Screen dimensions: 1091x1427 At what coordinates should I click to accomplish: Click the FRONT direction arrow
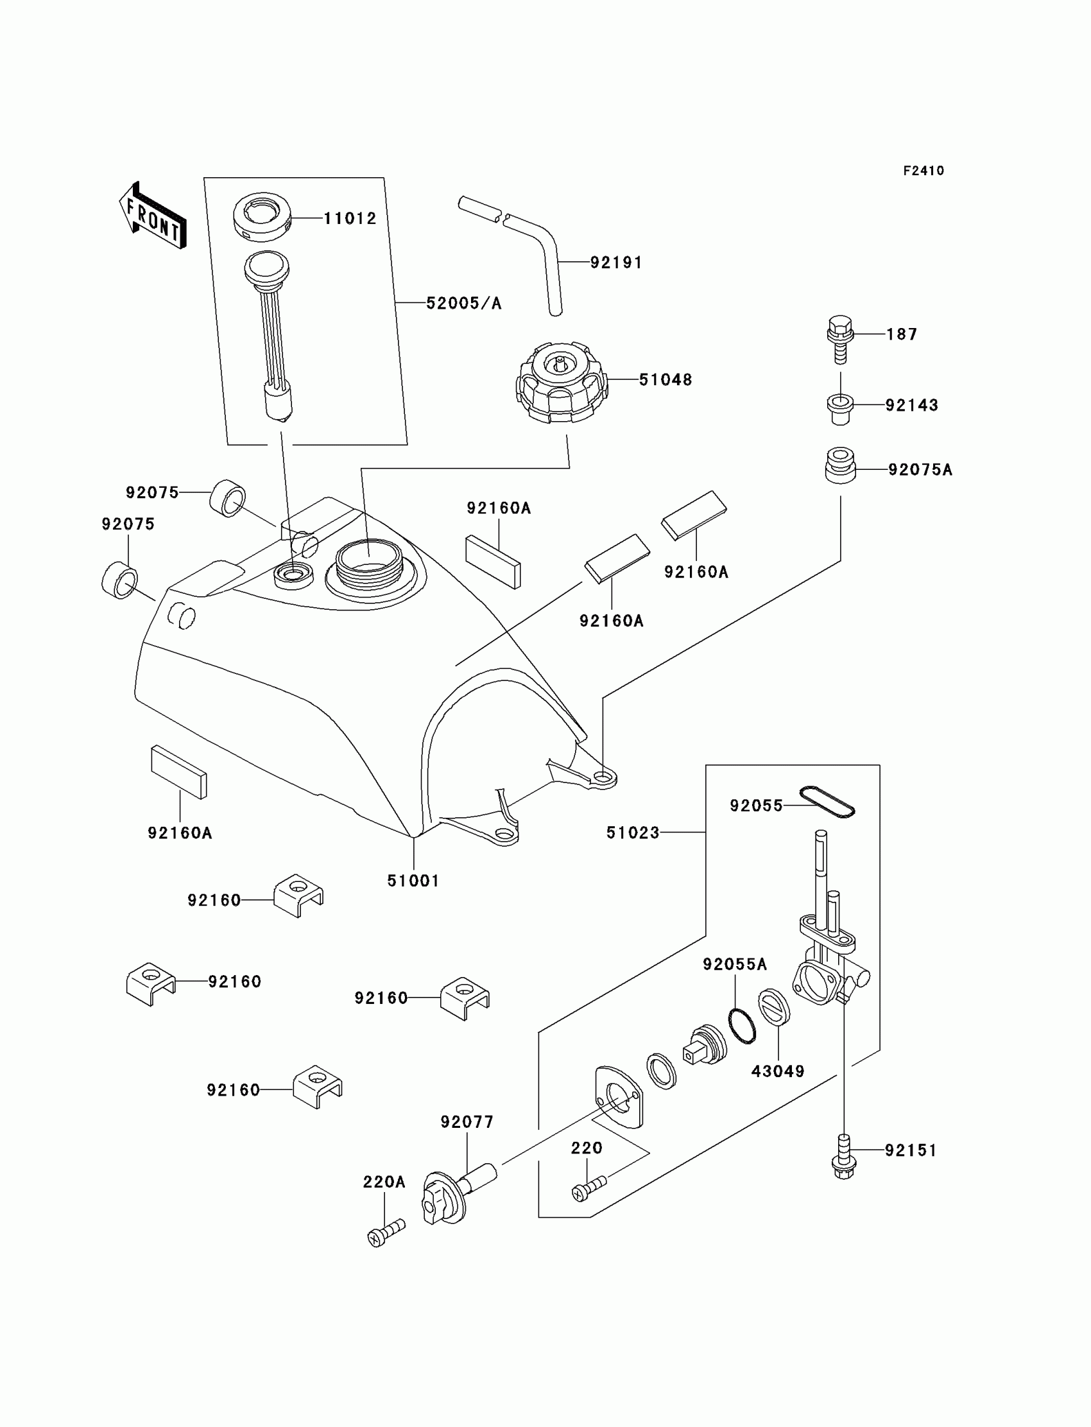(153, 215)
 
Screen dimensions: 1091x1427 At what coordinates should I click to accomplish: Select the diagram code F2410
(923, 171)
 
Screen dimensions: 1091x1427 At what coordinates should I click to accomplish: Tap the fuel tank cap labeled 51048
(562, 383)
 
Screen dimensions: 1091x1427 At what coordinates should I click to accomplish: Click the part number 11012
(350, 219)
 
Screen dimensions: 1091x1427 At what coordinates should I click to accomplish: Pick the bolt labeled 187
(839, 339)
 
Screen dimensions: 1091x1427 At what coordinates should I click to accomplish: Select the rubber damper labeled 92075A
(840, 465)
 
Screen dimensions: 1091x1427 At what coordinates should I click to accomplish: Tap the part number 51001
(413, 881)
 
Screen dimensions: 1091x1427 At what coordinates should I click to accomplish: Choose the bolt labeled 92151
(843, 1157)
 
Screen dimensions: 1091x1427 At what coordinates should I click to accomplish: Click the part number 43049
(777, 1071)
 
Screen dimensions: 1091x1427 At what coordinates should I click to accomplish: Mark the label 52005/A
(463, 304)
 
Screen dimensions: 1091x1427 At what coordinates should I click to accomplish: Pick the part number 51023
(633, 833)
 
